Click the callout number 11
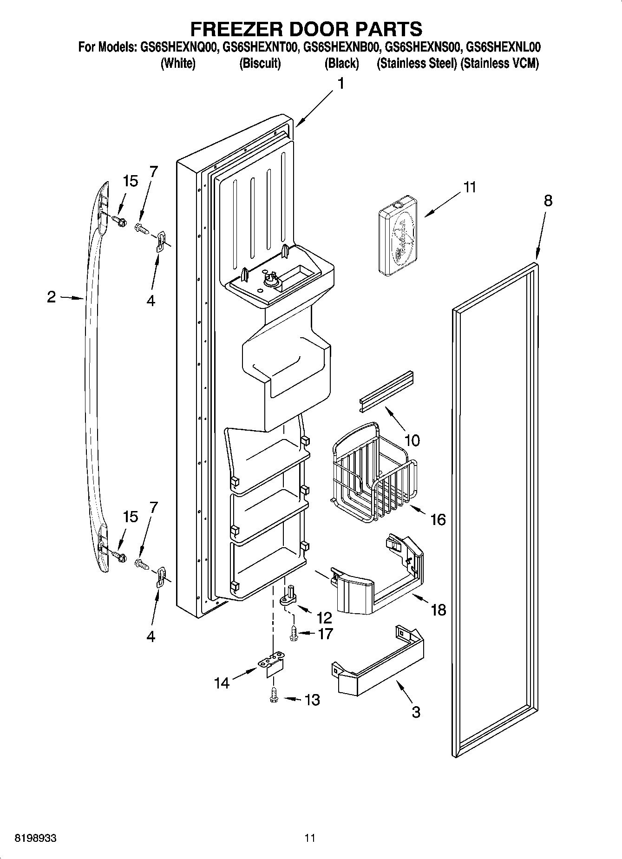click(x=470, y=188)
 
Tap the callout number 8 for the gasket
click(x=548, y=201)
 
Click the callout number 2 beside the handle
click(x=52, y=297)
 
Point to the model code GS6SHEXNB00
click(x=343, y=47)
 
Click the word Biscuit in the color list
click(x=260, y=64)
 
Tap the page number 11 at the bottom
click(x=310, y=838)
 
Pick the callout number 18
click(x=439, y=609)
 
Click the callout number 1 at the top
click(x=341, y=84)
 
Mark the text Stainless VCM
click(x=500, y=64)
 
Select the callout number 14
click(x=222, y=683)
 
